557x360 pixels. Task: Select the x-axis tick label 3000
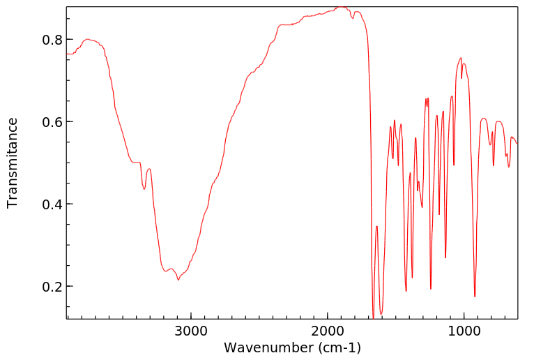pos(190,331)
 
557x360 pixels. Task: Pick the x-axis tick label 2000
pos(327,331)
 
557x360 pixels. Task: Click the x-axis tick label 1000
pos(464,331)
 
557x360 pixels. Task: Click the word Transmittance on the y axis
pos(12,163)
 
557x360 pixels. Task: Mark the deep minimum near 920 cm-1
pos(475,297)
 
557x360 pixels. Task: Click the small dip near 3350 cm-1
pos(144,189)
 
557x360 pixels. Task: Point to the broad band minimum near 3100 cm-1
pos(178,280)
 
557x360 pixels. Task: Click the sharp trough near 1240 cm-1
pos(431,289)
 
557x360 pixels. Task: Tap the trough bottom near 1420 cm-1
pos(406,291)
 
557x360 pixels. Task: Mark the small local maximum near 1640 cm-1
pos(376,226)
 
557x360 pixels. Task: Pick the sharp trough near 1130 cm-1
pos(445,257)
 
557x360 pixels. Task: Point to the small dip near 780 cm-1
pos(494,165)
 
